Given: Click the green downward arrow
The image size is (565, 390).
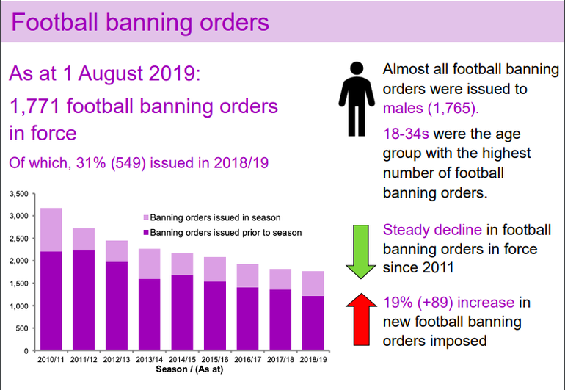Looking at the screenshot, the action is tap(361, 252).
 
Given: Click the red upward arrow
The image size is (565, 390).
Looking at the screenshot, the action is tap(362, 319).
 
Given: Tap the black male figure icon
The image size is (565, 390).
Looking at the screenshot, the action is tap(357, 99).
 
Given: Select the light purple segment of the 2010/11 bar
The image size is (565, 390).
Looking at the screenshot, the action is tap(51, 230).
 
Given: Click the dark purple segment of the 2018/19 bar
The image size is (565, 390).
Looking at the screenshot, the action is tap(313, 323).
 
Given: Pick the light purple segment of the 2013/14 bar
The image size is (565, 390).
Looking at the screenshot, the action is tap(150, 264).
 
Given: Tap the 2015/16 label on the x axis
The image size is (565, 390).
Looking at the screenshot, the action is tap(215, 360).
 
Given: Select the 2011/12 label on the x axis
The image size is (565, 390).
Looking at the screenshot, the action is tap(84, 360).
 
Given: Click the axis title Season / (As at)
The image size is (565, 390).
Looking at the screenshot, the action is tap(189, 369).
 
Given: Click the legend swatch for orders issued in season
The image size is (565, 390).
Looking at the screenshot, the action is tap(146, 218).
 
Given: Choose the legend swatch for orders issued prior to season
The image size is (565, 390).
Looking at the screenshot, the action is tap(146, 233).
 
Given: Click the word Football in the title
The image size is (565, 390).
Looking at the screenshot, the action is tap(55, 22).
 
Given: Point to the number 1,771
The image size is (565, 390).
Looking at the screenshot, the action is tap(34, 106).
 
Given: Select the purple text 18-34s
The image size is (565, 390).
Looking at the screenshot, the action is tap(406, 134).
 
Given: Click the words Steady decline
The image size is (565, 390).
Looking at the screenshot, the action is tap(432, 230).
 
